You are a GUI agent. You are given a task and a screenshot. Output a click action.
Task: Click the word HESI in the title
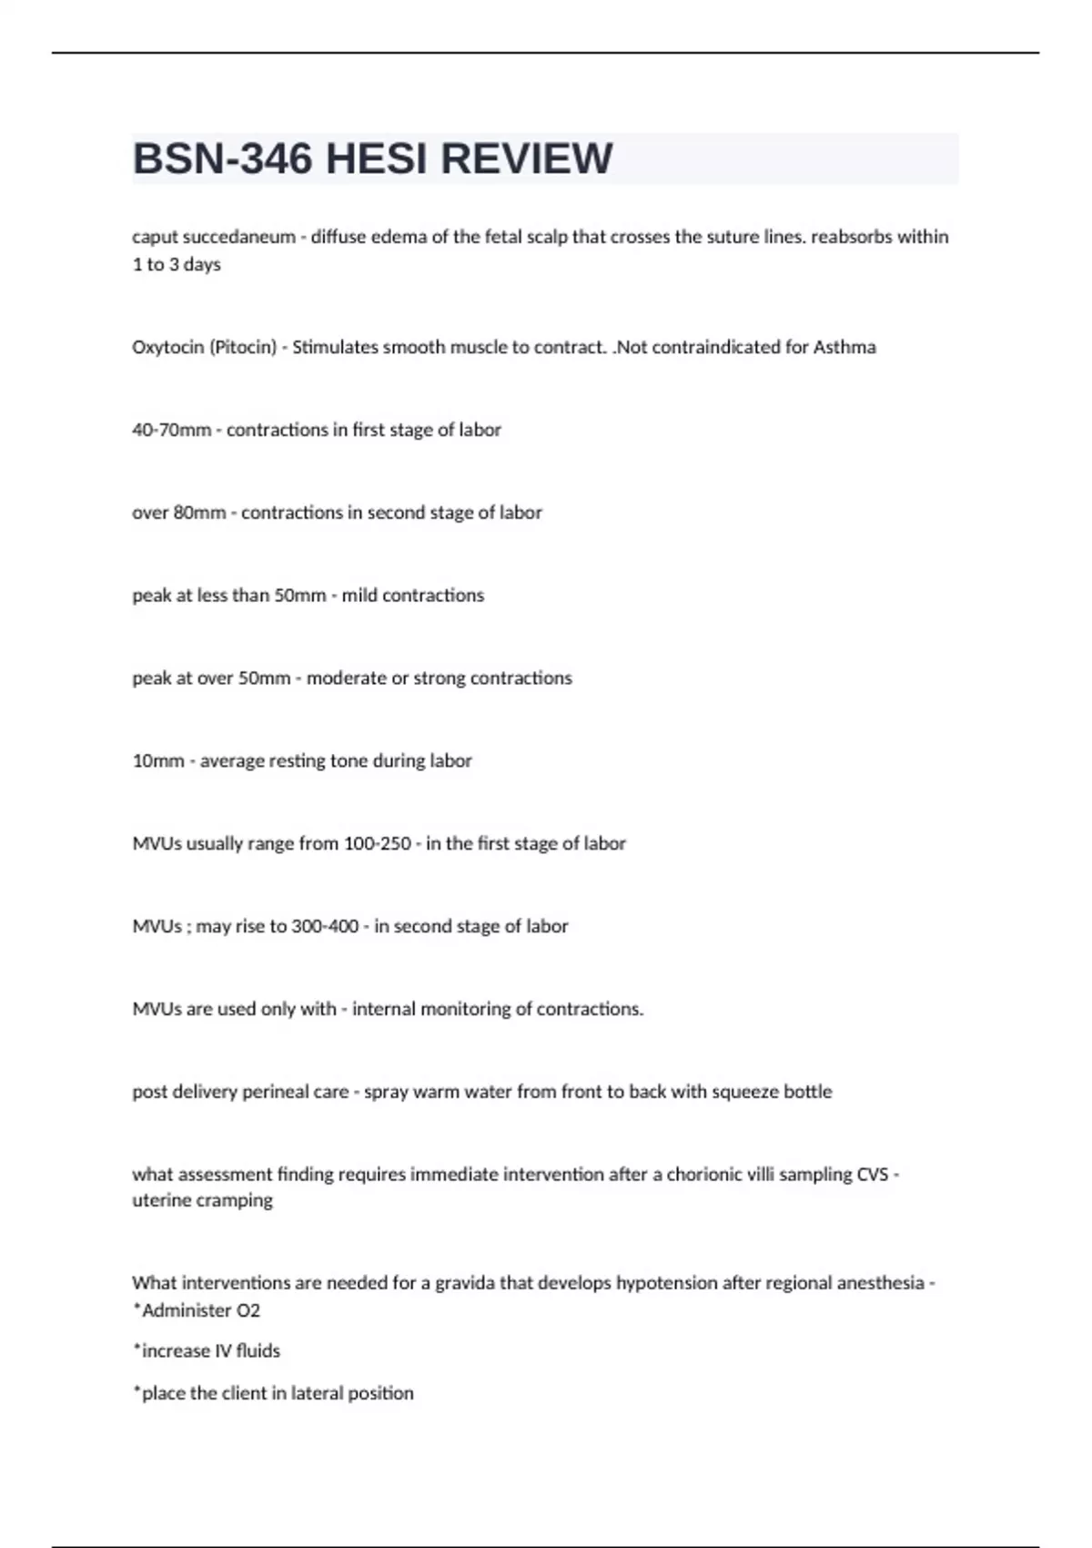375,159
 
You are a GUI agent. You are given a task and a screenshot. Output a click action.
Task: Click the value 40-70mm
171,430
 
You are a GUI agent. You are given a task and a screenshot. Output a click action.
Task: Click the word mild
359,596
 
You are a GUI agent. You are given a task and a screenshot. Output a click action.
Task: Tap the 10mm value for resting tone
157,761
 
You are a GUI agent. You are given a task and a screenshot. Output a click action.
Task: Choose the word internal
383,1009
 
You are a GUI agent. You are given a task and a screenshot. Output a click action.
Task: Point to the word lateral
319,1393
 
